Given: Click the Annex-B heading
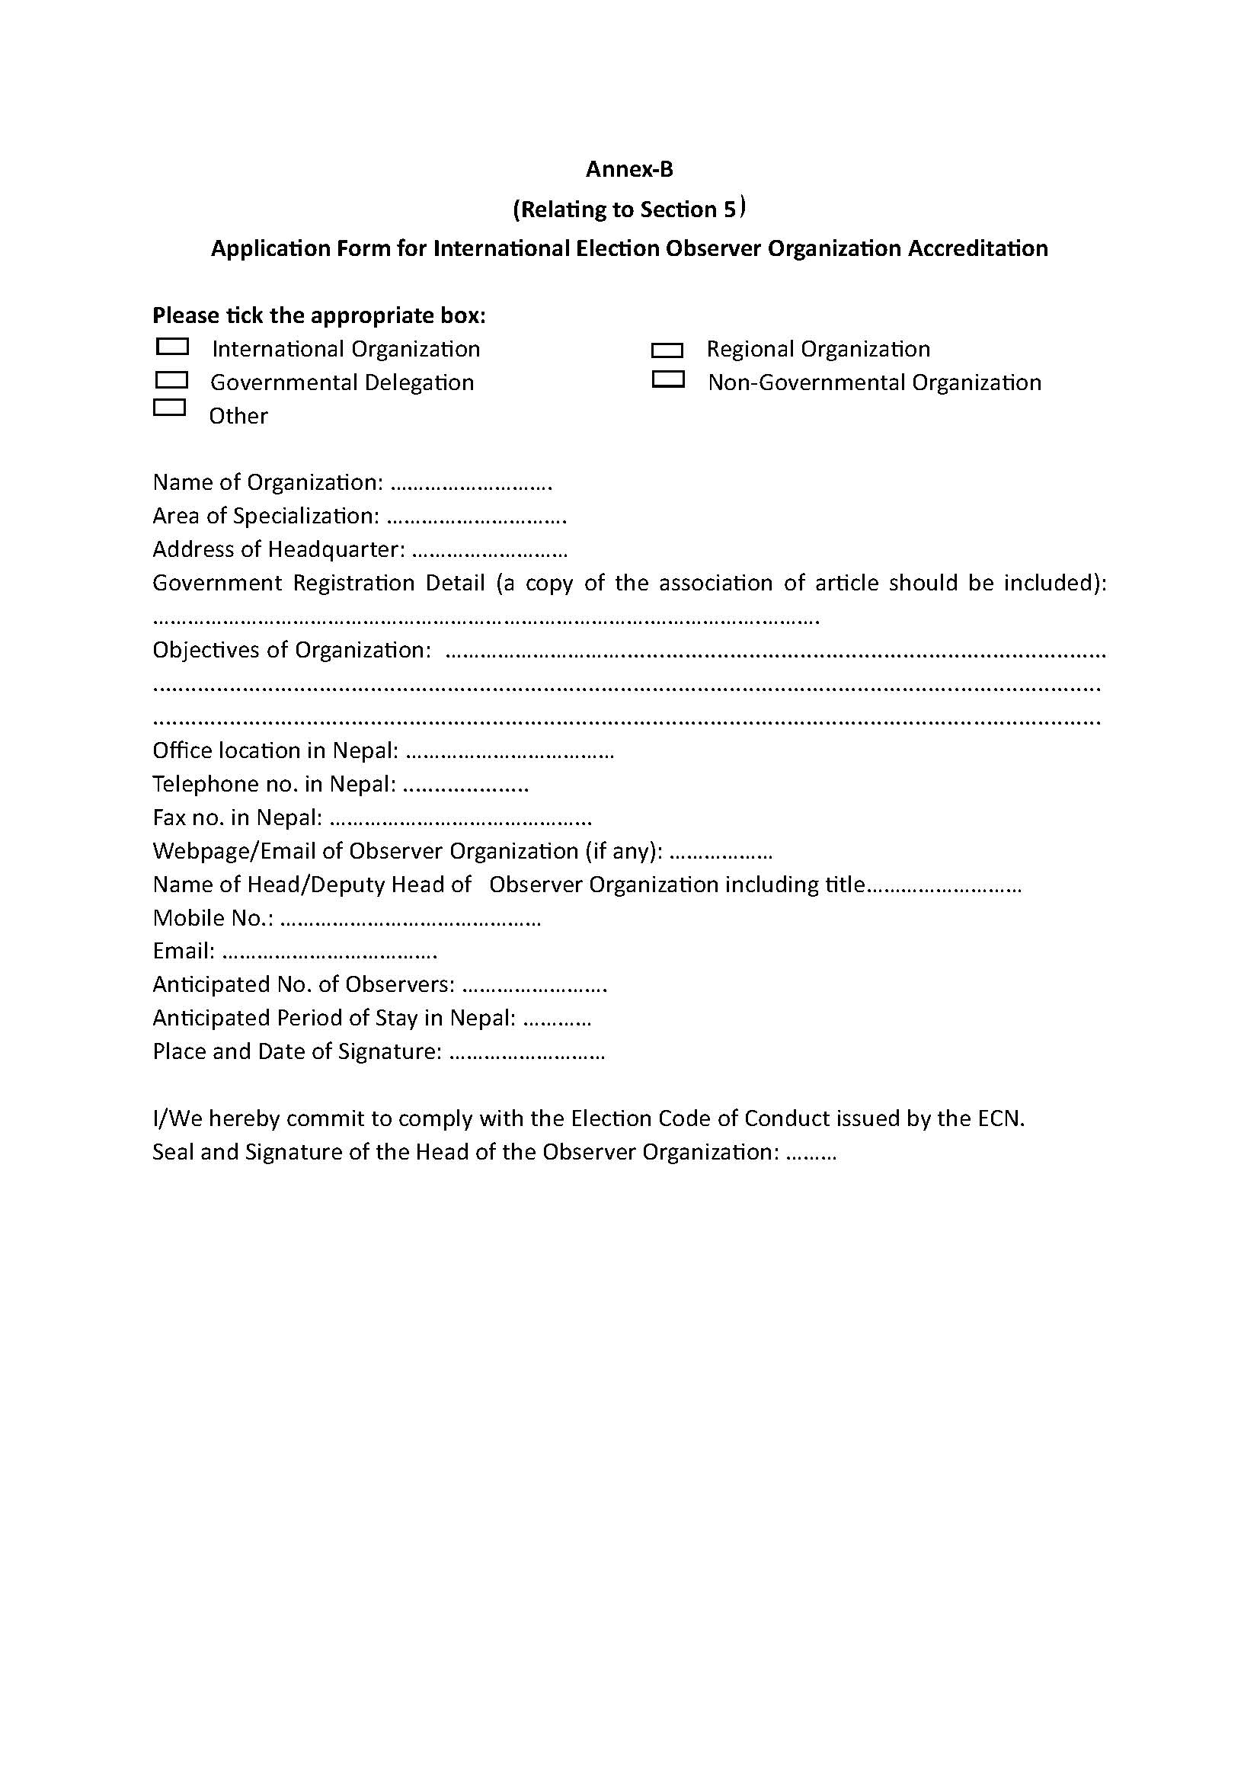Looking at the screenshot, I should point(629,169).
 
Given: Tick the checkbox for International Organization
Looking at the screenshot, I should point(172,346).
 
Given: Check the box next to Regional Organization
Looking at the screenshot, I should point(667,350).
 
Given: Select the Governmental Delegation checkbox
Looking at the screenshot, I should point(171,379).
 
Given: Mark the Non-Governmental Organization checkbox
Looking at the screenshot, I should point(667,379).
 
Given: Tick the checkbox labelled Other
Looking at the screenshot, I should point(169,408).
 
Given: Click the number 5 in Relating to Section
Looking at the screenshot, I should point(729,210).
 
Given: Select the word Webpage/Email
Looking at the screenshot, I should point(234,852).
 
